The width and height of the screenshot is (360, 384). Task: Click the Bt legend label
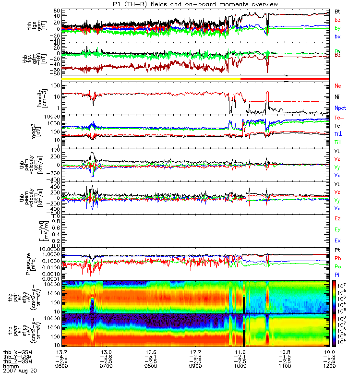[x=337, y=11]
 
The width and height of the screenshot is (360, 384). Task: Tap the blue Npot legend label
[x=340, y=108]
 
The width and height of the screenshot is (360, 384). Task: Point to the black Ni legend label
[x=337, y=97]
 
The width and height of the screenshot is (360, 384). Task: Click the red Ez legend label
[x=337, y=219]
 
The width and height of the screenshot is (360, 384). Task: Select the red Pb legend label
[x=337, y=258]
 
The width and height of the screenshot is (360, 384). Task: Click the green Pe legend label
[x=337, y=266]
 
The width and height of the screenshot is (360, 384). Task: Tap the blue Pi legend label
[x=337, y=274]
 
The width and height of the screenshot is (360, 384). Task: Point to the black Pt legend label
[x=337, y=251]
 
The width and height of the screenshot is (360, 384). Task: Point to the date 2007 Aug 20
[x=19, y=371]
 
